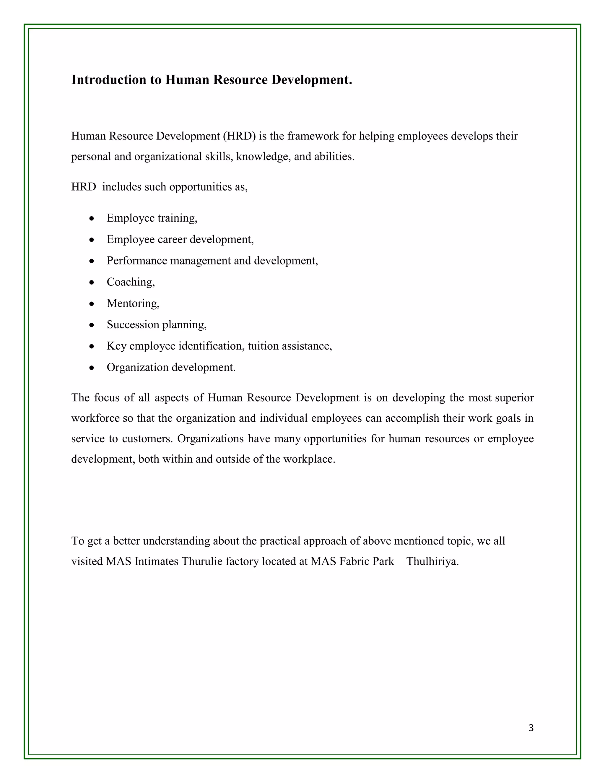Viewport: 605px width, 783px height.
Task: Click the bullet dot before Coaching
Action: [92, 282]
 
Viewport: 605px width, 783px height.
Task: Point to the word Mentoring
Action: [133, 304]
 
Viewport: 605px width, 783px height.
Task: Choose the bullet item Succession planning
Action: [157, 325]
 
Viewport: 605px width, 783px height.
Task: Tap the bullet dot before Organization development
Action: [92, 368]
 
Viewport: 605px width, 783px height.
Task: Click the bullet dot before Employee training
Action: [92, 218]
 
